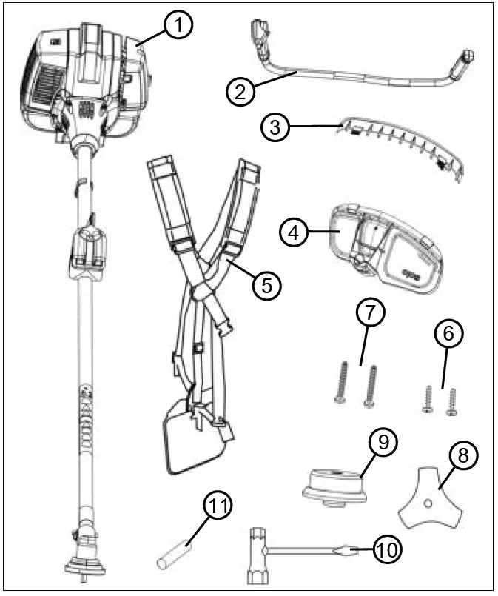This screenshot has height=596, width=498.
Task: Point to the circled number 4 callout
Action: point(295,232)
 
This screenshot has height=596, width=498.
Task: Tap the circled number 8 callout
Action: point(464,457)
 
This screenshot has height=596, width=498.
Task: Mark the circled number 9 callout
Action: point(383,443)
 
